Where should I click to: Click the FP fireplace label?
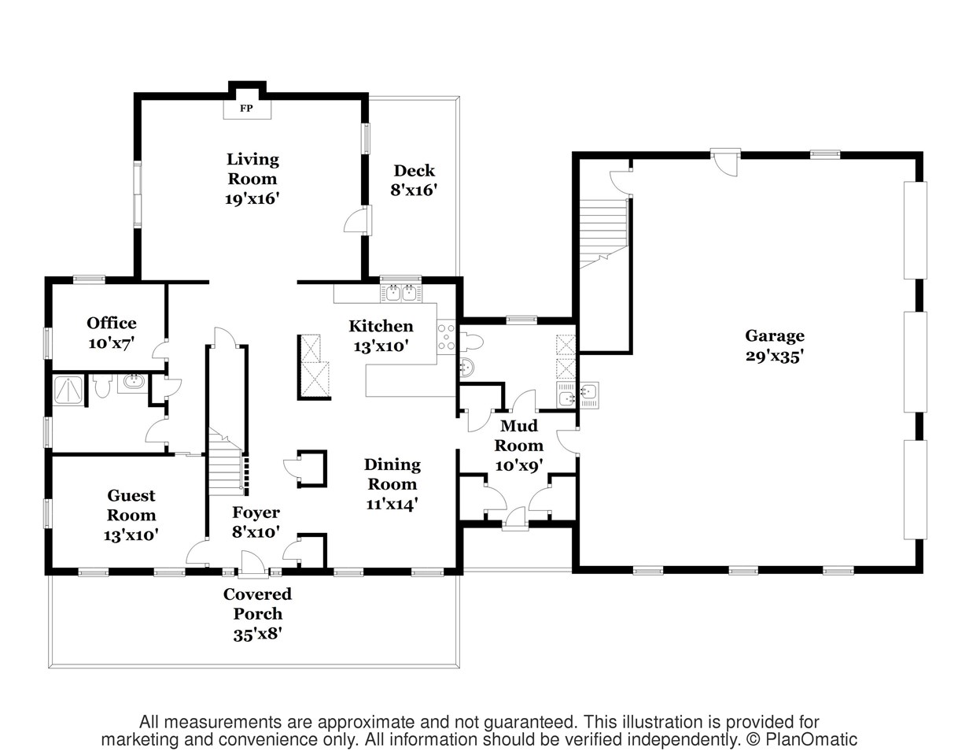click(x=246, y=109)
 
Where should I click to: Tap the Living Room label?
click(x=252, y=169)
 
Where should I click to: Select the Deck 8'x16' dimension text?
click(x=414, y=191)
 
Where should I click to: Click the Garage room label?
click(x=775, y=336)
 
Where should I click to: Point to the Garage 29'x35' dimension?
click(x=775, y=357)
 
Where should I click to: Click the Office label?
click(x=111, y=323)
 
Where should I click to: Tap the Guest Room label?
click(x=131, y=505)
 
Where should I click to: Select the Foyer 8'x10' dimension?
click(x=256, y=531)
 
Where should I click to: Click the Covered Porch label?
click(x=258, y=604)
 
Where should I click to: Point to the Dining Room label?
click(x=392, y=474)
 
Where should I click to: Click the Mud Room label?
click(x=519, y=435)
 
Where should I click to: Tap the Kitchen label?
click(x=381, y=326)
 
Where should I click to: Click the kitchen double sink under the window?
click(x=401, y=294)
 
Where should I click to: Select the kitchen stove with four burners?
click(x=446, y=338)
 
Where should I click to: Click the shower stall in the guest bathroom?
click(x=68, y=390)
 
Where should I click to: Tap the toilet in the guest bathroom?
click(x=102, y=386)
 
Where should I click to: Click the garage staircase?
click(x=603, y=234)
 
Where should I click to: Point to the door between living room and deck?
click(x=359, y=220)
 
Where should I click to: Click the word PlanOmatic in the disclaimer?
click(x=811, y=739)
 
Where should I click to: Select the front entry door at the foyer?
click(x=253, y=565)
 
